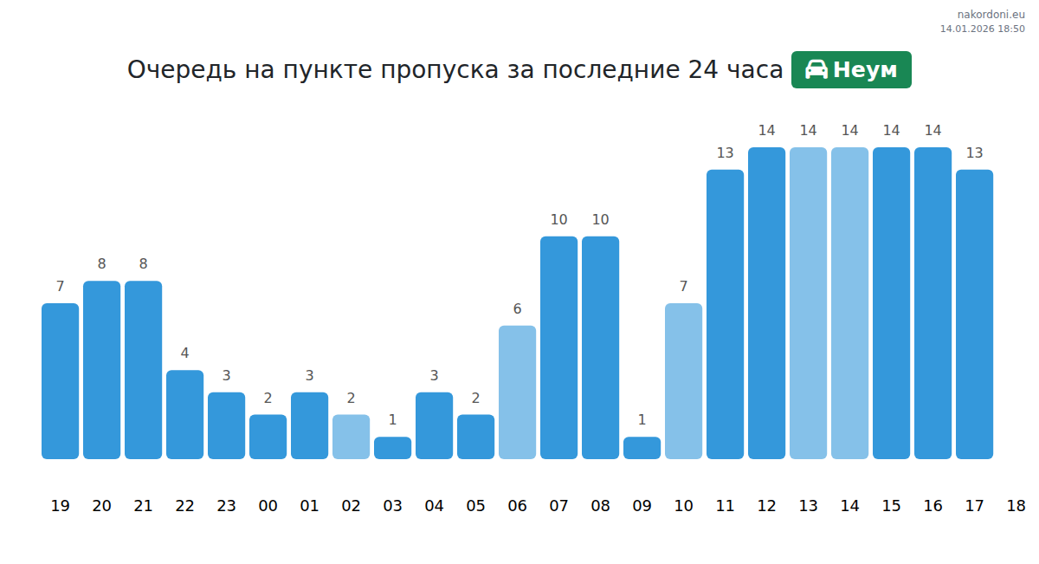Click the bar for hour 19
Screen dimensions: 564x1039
point(60,381)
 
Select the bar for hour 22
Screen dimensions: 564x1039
point(184,414)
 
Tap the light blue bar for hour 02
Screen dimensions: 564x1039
point(351,437)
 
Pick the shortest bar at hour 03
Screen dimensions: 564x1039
point(392,448)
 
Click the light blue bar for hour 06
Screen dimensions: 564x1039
point(517,392)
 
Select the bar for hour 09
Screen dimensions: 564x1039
point(642,448)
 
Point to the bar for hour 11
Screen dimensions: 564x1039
point(725,314)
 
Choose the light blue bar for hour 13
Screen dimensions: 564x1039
point(808,303)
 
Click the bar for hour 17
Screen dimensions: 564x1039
point(974,314)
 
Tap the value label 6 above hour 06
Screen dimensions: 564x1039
point(517,309)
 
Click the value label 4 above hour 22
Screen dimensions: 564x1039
point(184,353)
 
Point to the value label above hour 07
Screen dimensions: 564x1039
point(558,220)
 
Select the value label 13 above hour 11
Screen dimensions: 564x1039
point(725,153)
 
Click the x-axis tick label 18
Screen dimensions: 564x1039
point(1016,506)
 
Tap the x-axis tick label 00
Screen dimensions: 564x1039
point(268,506)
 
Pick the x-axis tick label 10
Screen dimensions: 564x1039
point(683,506)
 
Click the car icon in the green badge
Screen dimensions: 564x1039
point(816,69)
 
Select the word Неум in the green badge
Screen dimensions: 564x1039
point(865,70)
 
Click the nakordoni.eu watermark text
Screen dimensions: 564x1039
point(991,14)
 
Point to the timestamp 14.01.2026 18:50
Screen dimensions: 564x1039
point(982,29)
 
